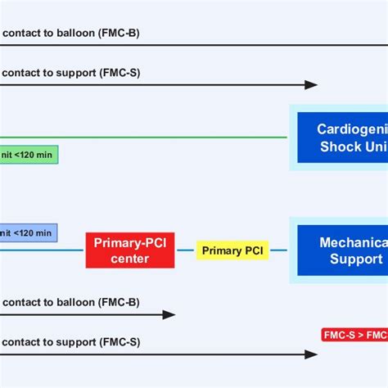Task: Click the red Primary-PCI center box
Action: click(130, 250)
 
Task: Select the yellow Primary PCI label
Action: click(232, 250)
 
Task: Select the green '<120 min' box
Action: click(29, 153)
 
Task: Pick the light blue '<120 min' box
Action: click(29, 232)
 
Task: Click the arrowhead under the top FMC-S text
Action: click(311, 84)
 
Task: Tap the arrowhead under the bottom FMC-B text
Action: click(169, 314)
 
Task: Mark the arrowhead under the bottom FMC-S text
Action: click(311, 354)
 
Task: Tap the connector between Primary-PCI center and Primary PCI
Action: click(186, 250)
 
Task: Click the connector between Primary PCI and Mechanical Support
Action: click(278, 250)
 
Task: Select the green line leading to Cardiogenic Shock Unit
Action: click(164, 137)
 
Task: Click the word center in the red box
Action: click(130, 259)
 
